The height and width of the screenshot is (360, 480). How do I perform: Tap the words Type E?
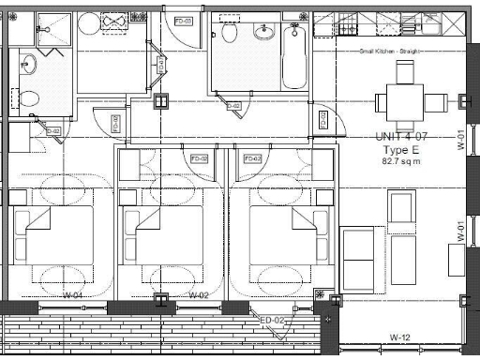400,149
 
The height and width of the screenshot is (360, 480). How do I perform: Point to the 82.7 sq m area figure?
401,161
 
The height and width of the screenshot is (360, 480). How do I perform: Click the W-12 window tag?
400,337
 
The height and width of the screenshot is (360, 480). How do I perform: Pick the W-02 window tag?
197,296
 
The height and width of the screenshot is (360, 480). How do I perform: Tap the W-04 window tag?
73,296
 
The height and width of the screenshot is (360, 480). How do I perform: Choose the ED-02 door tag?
271,321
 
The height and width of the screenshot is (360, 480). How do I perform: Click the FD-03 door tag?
182,20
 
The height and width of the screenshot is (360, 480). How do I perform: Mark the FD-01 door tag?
322,119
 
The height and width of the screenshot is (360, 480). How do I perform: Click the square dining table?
404,100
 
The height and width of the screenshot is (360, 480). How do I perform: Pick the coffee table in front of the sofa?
403,259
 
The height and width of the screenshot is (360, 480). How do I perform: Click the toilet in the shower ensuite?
28,97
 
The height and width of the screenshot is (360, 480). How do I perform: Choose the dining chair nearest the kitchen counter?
404,72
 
